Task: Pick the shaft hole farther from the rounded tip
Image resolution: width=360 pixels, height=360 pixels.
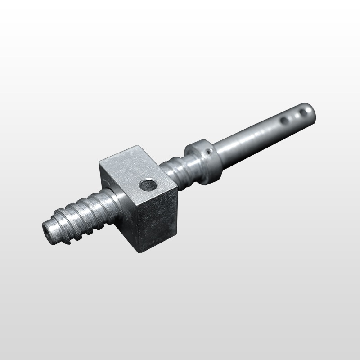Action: click(x=284, y=121)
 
